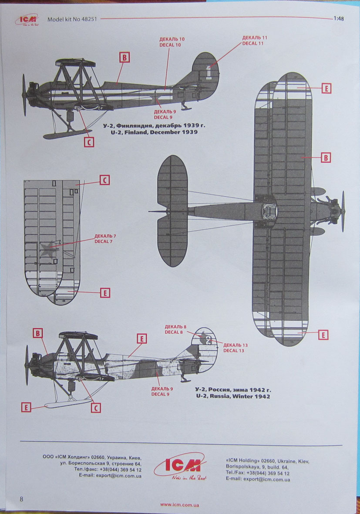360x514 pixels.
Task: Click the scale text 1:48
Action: (340, 19)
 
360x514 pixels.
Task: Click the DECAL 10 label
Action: (172, 45)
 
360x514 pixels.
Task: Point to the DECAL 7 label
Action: (105, 241)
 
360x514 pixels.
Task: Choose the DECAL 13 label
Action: (234, 351)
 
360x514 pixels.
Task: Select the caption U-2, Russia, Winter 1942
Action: (233, 396)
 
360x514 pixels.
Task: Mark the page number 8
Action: (21, 498)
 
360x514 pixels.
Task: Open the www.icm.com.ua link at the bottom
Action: (180, 505)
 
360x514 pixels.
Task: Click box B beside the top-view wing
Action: (325, 158)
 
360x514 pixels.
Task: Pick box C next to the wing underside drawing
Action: (104, 180)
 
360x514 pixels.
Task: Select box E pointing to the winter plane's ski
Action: (27, 407)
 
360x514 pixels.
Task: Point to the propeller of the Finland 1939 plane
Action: (25, 95)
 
